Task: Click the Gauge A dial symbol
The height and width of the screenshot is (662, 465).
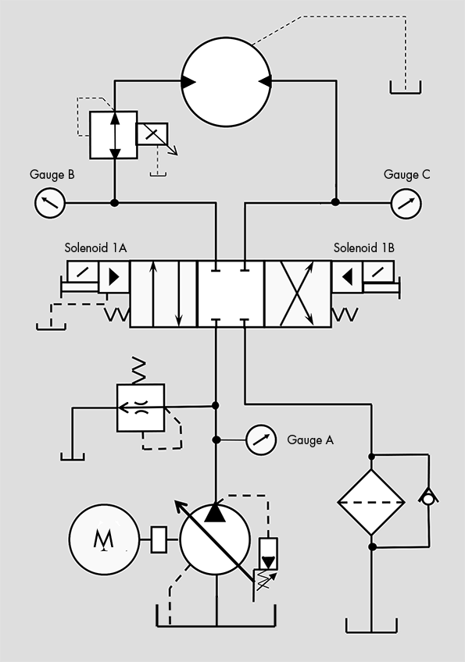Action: (x=261, y=440)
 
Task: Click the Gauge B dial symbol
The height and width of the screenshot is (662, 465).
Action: (x=50, y=203)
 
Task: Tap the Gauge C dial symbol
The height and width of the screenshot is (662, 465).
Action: (x=406, y=203)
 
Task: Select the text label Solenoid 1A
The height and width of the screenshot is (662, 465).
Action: (x=96, y=248)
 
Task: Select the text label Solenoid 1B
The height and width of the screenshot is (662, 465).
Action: (x=363, y=248)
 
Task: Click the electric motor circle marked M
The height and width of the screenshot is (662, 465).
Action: (x=102, y=539)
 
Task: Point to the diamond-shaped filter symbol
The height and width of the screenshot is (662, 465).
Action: (x=371, y=501)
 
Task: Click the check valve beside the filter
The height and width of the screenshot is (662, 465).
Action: (x=428, y=497)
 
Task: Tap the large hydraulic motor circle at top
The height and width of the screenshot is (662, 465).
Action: (x=224, y=82)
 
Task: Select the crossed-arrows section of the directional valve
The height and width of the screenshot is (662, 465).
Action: (x=298, y=294)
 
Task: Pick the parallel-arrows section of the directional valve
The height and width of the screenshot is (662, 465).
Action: (x=163, y=294)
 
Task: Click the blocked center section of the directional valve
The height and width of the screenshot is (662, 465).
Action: (x=231, y=294)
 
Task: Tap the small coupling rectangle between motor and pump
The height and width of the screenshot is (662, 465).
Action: (x=159, y=539)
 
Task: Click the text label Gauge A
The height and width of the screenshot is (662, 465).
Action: (x=310, y=440)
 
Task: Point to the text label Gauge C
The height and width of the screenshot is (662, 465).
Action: (x=406, y=175)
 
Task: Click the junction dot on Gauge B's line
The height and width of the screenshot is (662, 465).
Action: (x=115, y=203)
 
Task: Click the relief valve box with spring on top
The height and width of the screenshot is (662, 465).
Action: (x=140, y=408)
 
